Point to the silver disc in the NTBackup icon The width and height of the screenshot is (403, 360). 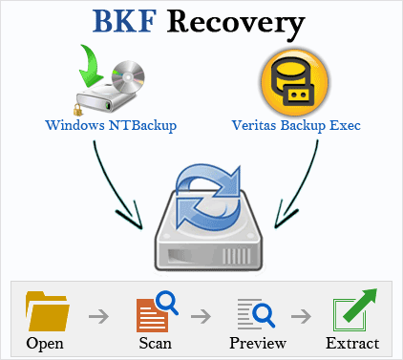point(125,76)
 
